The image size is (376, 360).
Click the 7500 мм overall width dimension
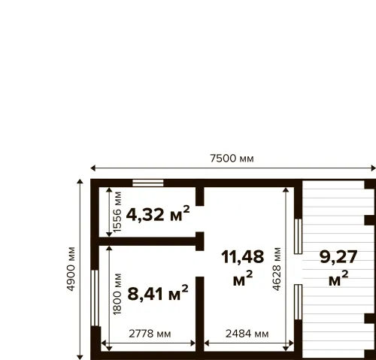click(232, 159)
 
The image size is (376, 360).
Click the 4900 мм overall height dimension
click(71, 269)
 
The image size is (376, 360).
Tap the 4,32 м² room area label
click(158, 214)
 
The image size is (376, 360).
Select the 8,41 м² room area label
click(158, 293)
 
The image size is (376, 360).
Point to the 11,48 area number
click(243, 257)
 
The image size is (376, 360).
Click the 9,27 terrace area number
click(338, 257)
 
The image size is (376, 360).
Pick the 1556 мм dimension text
click(117, 212)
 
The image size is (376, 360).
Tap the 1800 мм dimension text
click(117, 294)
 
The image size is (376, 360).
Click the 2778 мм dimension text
click(150, 334)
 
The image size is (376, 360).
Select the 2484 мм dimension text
click(247, 334)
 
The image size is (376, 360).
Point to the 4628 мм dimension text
click(277, 269)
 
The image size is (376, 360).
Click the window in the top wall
click(148, 183)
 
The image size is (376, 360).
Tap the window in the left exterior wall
click(95, 298)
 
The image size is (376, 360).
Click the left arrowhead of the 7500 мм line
click(92, 168)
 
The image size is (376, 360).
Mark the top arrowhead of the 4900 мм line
click(80, 181)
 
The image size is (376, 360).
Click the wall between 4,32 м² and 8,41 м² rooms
click(147, 241)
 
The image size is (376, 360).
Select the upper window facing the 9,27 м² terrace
click(298, 237)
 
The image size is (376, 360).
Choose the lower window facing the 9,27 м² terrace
click(298, 302)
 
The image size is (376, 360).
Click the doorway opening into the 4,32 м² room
click(200, 219)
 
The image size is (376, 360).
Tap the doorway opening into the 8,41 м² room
click(200, 264)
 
